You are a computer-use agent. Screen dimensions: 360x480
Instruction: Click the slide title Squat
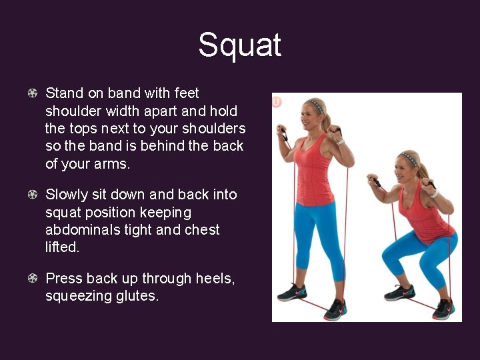point(239,45)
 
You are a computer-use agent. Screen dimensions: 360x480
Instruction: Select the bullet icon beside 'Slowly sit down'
point(32,195)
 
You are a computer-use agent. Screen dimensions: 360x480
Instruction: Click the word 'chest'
point(199,230)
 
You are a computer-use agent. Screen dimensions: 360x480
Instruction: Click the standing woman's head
point(315,115)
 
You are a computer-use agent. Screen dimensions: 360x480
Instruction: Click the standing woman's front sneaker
point(336,308)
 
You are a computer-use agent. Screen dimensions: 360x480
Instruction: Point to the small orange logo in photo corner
point(277,101)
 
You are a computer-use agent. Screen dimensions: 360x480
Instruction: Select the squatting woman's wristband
point(434,194)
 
